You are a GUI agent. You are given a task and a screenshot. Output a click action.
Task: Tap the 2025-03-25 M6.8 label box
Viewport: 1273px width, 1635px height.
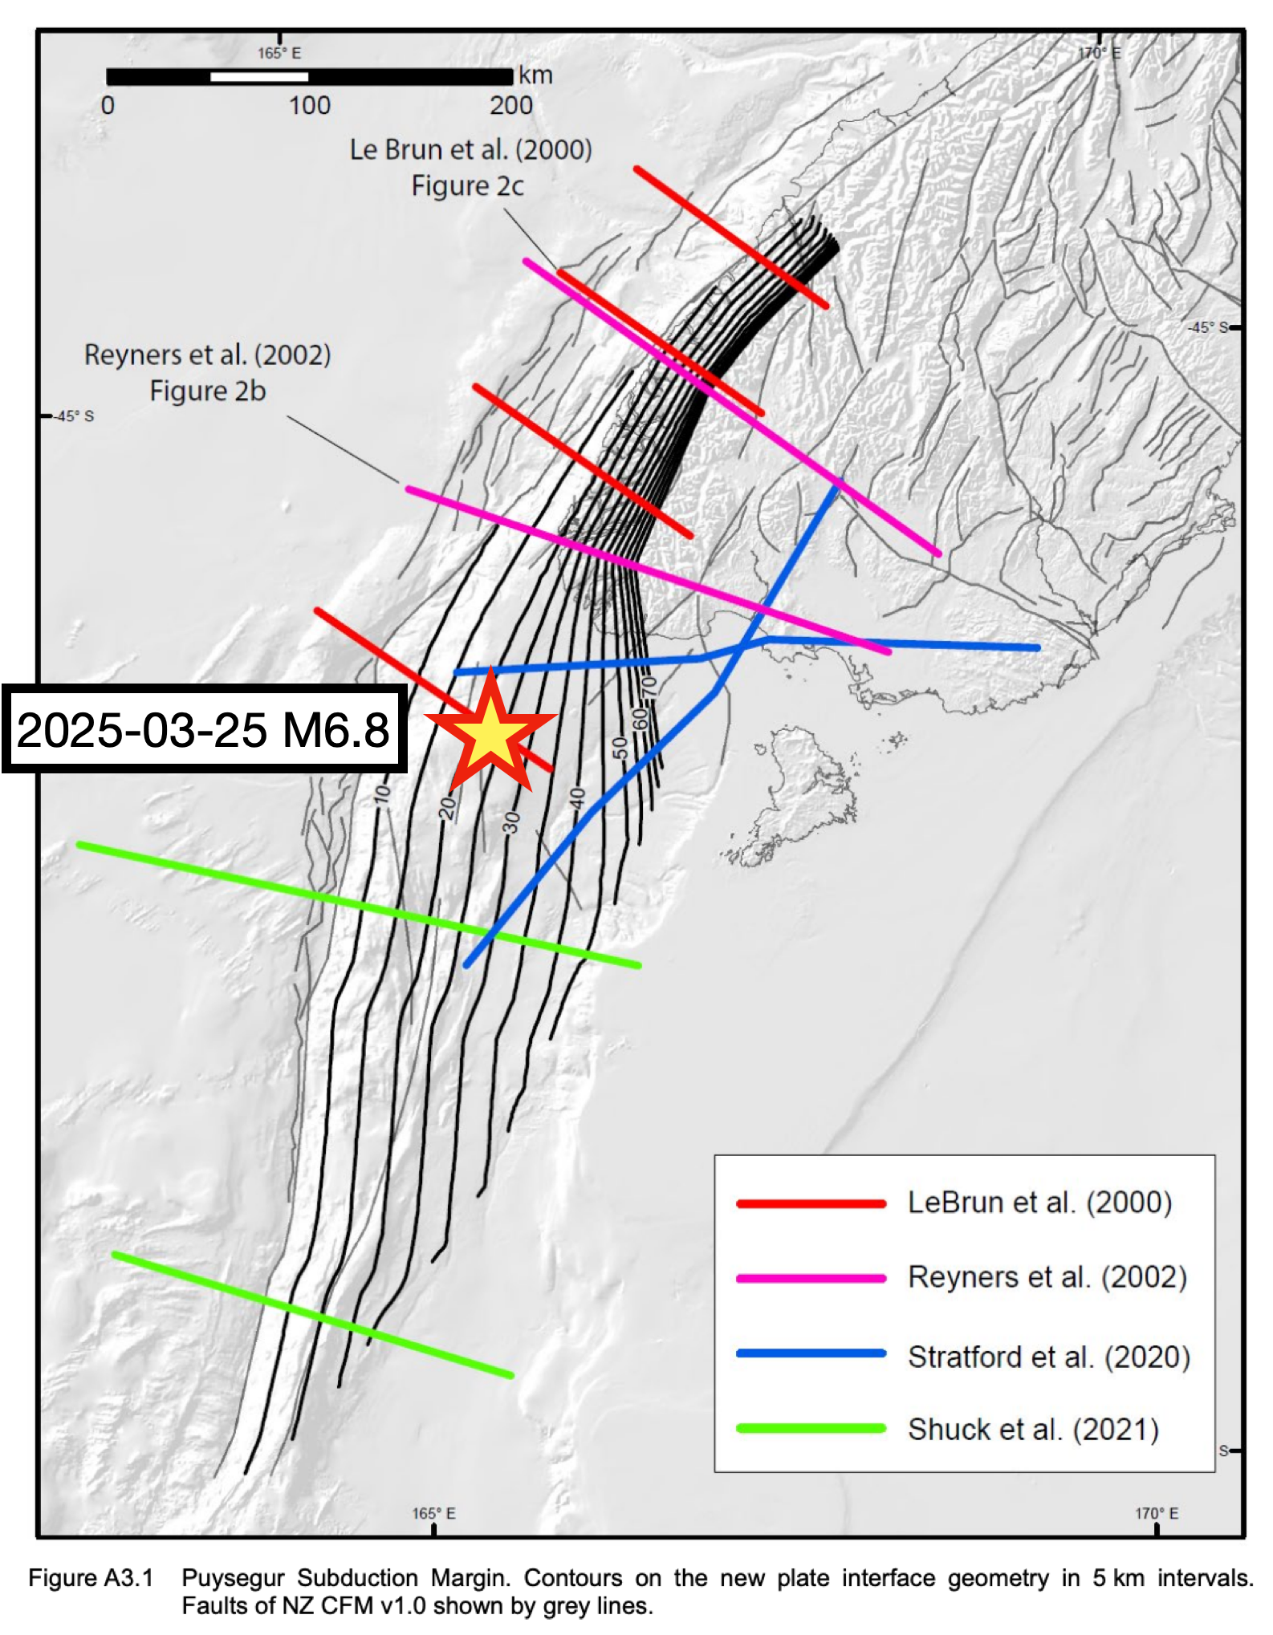(203, 729)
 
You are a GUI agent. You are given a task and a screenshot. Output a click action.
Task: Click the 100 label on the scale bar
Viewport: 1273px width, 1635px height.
(310, 106)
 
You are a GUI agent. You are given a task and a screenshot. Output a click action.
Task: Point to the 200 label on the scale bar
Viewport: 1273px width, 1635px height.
(511, 106)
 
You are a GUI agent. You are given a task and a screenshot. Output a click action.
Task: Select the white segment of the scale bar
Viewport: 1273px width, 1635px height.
(258, 77)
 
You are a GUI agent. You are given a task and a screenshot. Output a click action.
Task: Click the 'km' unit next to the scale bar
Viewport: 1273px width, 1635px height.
(535, 75)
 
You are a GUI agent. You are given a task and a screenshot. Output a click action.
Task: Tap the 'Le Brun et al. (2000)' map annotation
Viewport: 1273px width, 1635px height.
(470, 150)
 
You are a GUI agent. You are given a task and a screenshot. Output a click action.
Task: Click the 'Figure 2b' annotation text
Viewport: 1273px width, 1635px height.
(208, 392)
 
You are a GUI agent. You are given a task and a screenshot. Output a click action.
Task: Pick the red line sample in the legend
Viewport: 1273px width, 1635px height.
(811, 1203)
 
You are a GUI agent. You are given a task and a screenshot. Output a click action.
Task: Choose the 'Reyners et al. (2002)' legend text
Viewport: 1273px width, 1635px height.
(1047, 1277)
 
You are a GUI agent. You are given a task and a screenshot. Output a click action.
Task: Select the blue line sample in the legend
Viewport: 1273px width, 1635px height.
(811, 1353)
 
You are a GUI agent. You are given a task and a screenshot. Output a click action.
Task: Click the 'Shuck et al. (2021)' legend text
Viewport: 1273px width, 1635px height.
(1033, 1430)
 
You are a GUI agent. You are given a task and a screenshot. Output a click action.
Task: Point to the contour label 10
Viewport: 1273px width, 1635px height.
(383, 794)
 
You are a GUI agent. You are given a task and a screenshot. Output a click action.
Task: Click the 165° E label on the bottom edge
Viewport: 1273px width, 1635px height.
(433, 1513)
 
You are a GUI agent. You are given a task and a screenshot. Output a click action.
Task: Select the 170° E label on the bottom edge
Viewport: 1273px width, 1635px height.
(1156, 1513)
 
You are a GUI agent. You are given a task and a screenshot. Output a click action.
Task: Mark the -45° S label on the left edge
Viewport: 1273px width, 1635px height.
(73, 416)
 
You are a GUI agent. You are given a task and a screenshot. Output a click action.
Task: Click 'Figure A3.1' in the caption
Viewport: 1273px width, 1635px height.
(91, 1578)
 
